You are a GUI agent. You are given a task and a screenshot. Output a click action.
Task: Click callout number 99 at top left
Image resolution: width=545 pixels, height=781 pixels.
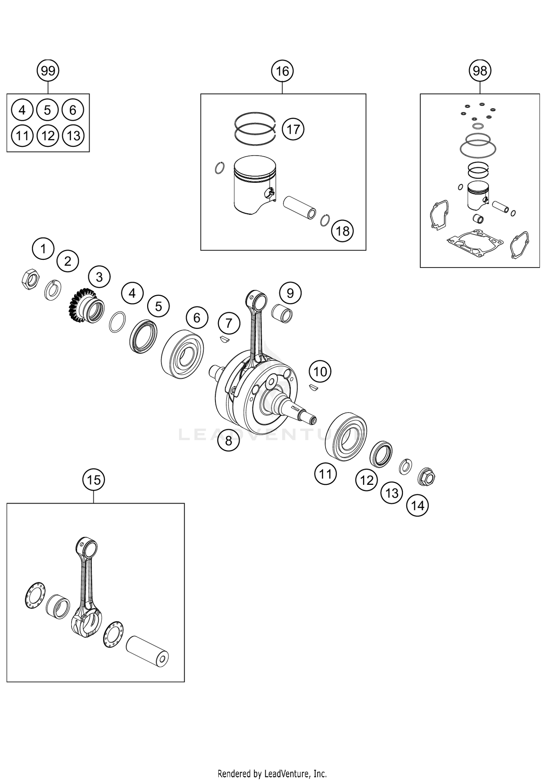(x=48, y=71)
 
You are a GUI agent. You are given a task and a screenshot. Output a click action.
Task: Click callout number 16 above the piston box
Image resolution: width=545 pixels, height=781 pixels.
(x=282, y=71)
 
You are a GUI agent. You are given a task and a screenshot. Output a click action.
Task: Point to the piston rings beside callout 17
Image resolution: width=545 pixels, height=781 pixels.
(x=256, y=127)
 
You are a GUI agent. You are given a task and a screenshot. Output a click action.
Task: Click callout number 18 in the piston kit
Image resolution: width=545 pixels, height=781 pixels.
(x=342, y=231)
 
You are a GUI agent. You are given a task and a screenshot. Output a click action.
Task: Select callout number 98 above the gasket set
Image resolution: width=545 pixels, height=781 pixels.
(x=480, y=71)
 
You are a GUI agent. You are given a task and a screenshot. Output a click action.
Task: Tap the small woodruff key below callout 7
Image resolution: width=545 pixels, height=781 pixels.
(x=225, y=339)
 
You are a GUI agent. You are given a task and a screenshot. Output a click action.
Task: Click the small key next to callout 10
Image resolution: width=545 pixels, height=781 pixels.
(x=314, y=387)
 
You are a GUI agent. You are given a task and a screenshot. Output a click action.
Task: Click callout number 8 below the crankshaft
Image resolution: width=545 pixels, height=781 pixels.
(x=228, y=440)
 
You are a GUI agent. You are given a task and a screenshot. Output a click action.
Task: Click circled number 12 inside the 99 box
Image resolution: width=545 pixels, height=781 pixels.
(x=48, y=136)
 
